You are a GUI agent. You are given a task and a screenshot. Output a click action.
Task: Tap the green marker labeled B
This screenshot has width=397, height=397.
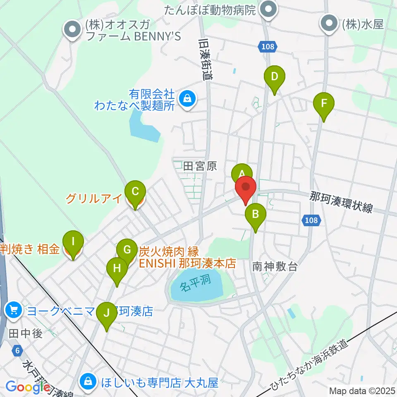click(x=256, y=214)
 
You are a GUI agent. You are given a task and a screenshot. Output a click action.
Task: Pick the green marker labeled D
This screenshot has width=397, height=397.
click(x=274, y=77)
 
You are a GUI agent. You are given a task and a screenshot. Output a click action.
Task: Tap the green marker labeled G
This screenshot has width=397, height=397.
click(x=127, y=250)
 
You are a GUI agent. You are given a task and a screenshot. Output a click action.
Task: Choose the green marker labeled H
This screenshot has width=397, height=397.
click(x=117, y=268)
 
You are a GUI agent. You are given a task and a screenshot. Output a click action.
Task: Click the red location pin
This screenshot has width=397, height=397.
click(x=246, y=188)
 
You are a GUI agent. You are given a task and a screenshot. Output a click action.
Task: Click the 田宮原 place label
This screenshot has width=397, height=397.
click(x=200, y=166)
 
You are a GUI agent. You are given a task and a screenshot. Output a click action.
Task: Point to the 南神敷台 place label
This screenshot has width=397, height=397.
click(x=275, y=267)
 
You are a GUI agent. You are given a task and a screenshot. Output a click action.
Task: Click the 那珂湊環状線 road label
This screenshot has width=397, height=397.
click(x=342, y=202)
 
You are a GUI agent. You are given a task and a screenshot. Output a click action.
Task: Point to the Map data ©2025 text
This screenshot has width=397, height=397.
click(x=362, y=390)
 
